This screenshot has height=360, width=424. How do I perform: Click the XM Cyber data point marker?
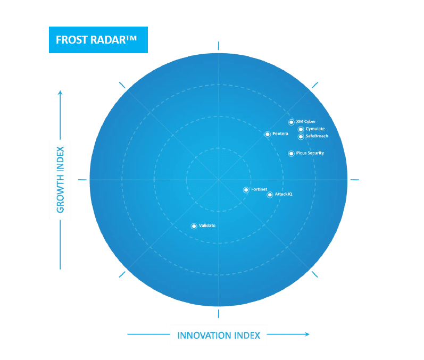pyautogui.click(x=291, y=122)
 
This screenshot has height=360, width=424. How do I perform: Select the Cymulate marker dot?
pyautogui.click(x=301, y=129)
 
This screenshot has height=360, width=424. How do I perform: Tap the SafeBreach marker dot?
pyautogui.click(x=301, y=137)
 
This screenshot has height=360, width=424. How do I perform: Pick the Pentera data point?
pyautogui.click(x=268, y=134)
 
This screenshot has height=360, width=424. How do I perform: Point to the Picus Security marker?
pyautogui.click(x=291, y=154)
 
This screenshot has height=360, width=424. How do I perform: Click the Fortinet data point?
pyautogui.click(x=246, y=190)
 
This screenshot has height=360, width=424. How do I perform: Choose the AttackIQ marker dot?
pyautogui.click(x=270, y=195)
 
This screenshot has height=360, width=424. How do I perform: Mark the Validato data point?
pyautogui.click(x=194, y=226)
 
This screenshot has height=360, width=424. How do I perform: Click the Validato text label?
pyautogui.click(x=207, y=225)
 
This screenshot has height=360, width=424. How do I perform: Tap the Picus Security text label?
pyautogui.click(x=310, y=153)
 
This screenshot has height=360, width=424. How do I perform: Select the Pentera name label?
pyautogui.click(x=280, y=133)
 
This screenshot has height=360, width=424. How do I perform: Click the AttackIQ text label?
pyautogui.click(x=284, y=194)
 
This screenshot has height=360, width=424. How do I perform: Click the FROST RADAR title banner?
pyautogui.click(x=98, y=40)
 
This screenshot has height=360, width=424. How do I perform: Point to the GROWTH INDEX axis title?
pyautogui.click(x=60, y=180)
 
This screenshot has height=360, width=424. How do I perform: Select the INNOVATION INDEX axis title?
pyautogui.click(x=219, y=336)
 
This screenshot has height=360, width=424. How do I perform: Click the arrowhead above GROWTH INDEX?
pyautogui.click(x=60, y=93)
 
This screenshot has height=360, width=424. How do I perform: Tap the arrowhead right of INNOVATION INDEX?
pyautogui.click(x=307, y=334)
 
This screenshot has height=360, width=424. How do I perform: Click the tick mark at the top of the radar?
pyautogui.click(x=219, y=46)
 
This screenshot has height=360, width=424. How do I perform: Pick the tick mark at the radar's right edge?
pyautogui.click(x=355, y=180)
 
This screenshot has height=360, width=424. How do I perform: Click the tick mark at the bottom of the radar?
pyautogui.click(x=219, y=314)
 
